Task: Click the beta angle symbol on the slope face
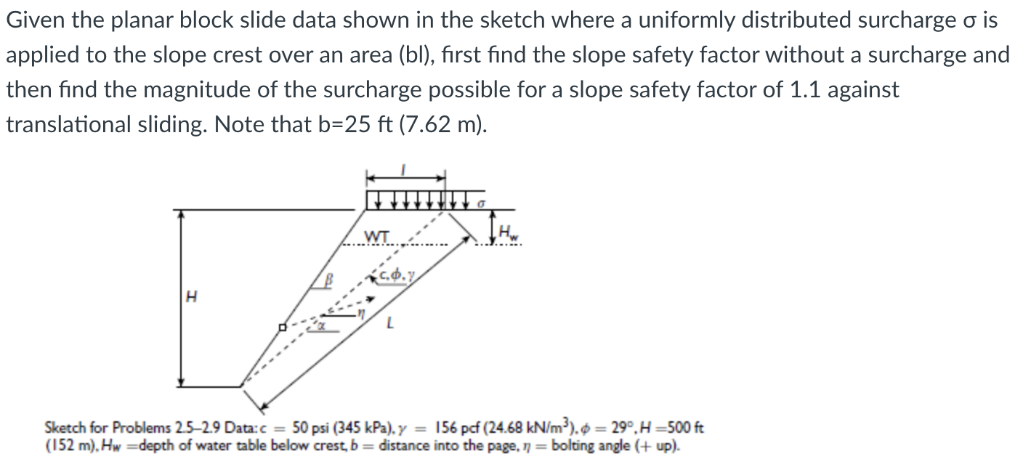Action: coord(328,280)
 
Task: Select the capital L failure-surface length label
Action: coord(391,328)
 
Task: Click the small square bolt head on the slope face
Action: coord(283,328)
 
